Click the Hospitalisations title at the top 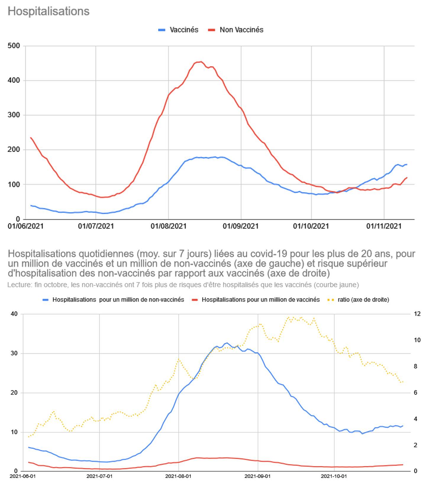click(x=48, y=11)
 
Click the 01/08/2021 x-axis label click(x=169, y=227)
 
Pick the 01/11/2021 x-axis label click(x=385, y=227)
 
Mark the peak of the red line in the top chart click(x=200, y=62)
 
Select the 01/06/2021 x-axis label click(x=26, y=227)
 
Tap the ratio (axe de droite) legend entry click(x=363, y=299)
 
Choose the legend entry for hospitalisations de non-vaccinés click(x=118, y=299)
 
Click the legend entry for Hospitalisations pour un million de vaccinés click(x=260, y=299)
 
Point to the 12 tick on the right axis click(x=417, y=314)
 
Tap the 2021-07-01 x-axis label click(x=100, y=476)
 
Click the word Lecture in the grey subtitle click(x=18, y=285)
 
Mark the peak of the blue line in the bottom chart click(x=226, y=343)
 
